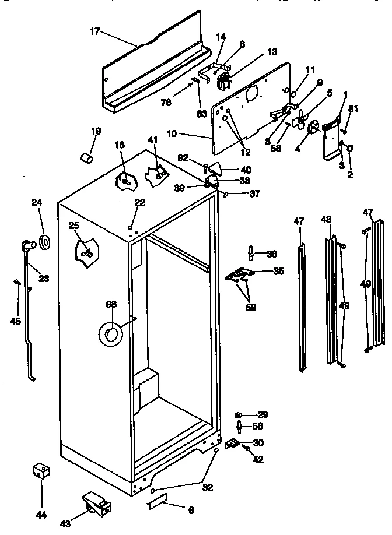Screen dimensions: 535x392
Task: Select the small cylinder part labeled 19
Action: click(x=86, y=157)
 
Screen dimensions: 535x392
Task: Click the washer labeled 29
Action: click(x=240, y=415)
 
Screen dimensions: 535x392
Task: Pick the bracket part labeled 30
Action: click(x=233, y=444)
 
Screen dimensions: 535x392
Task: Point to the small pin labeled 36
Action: click(x=250, y=254)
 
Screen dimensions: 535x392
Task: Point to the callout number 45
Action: click(x=16, y=321)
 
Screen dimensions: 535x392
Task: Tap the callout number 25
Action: click(x=74, y=225)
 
